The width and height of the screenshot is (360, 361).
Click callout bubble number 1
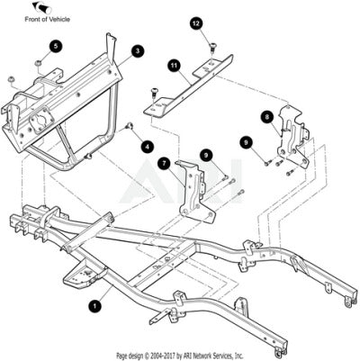pyautogui.click(x=94, y=306)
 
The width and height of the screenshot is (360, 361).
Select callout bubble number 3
pyautogui.click(x=138, y=51)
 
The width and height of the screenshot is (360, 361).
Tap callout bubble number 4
pyautogui.click(x=148, y=147)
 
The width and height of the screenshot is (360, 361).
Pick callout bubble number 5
pyautogui.click(x=56, y=46)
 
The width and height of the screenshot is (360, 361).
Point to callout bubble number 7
pyautogui.click(x=164, y=164)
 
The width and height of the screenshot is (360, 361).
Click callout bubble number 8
pyautogui.click(x=266, y=116)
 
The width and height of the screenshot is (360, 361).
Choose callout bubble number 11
pyautogui.click(x=174, y=66)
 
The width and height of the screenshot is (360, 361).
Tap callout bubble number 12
pyautogui.click(x=196, y=23)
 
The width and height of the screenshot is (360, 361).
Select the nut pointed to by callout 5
pyautogui.click(x=38, y=63)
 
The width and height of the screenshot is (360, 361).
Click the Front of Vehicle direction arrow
pyautogui.click(x=42, y=7)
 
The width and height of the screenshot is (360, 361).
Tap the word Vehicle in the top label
pyautogui.click(x=59, y=20)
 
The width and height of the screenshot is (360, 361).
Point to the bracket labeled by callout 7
pyautogui.click(x=194, y=192)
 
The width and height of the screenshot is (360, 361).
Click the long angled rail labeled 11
pyautogui.click(x=188, y=86)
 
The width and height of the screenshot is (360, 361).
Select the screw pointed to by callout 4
pyautogui.click(x=130, y=125)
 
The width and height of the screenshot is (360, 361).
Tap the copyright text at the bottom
pyautogui.click(x=180, y=356)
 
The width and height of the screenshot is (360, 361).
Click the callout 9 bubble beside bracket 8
pyautogui.click(x=246, y=142)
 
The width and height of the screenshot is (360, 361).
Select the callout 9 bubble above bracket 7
pyautogui.click(x=206, y=155)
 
